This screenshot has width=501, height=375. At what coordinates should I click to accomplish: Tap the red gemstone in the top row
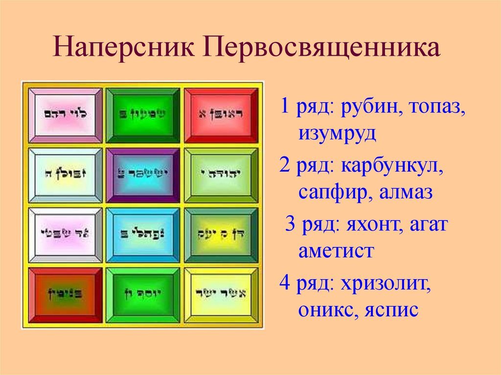click(x=221, y=115)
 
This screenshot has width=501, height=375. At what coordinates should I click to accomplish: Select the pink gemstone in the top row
click(x=66, y=115)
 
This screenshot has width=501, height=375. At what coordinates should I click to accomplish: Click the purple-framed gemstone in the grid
click(x=143, y=175)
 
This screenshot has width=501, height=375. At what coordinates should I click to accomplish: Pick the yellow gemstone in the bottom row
click(x=221, y=294)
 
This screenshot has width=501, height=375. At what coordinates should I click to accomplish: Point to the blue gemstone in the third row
click(x=143, y=234)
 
